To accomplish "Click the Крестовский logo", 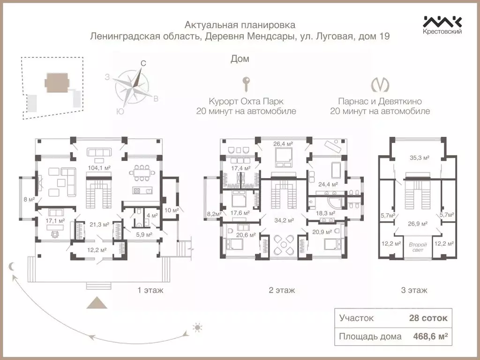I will (442, 25).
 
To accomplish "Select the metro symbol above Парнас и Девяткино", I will (380, 84).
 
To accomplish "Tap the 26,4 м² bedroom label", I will (283, 143).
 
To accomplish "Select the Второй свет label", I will (417, 247).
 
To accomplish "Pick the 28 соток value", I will (428, 318).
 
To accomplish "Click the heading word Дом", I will (240, 59).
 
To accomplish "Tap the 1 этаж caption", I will (150, 290).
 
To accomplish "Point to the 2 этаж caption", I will (282, 290).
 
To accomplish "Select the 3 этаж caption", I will (414, 290).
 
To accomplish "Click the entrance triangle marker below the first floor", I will (99, 302).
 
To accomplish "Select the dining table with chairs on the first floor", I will (141, 172).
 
